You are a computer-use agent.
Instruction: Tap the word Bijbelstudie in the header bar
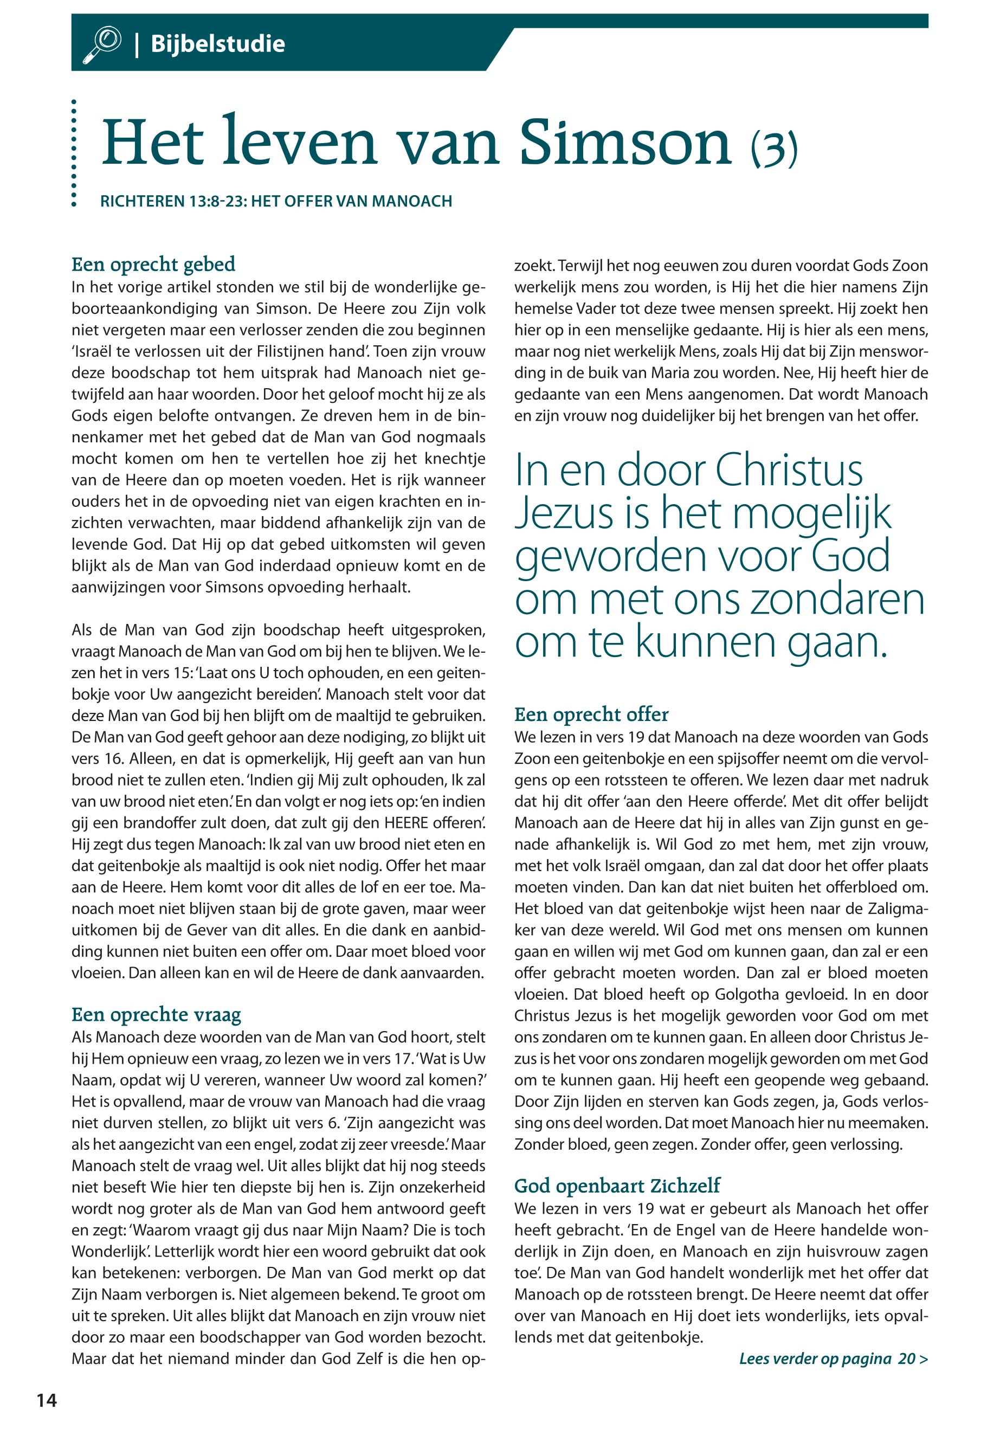(x=217, y=44)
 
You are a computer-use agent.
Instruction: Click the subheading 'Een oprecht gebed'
(x=153, y=264)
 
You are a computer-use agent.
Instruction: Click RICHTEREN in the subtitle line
(x=141, y=201)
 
